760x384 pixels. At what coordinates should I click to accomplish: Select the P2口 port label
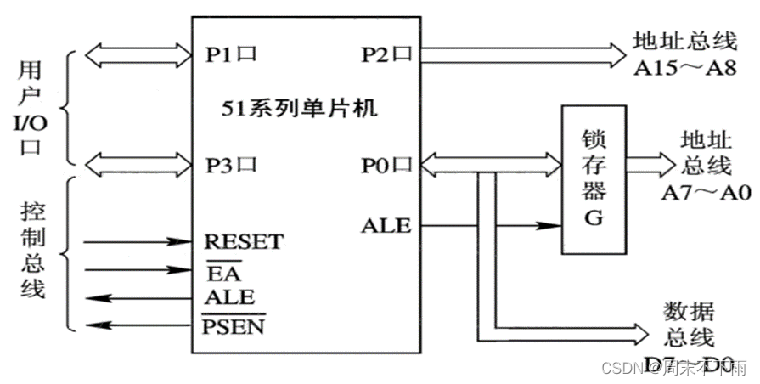click(x=386, y=55)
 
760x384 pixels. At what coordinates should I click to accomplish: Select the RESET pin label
click(x=244, y=242)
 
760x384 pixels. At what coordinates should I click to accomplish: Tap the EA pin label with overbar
click(x=222, y=272)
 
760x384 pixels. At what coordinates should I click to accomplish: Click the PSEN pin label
click(x=233, y=324)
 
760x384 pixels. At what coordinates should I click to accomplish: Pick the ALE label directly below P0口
click(x=386, y=225)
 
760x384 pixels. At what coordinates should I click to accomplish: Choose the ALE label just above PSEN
click(x=229, y=297)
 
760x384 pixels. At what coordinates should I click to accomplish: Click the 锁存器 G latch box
click(x=593, y=179)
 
